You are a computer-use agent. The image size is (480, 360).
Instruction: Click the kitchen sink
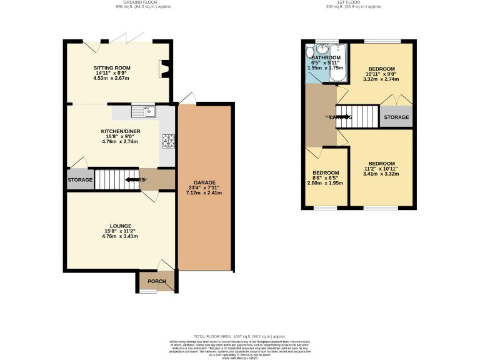pyautogui.click(x=142, y=112)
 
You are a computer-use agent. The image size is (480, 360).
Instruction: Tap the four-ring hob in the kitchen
pyautogui.click(x=167, y=142)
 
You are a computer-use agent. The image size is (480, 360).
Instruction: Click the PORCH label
pyautogui.click(x=156, y=281)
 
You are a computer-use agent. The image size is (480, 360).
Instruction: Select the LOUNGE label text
pyautogui.click(x=120, y=226)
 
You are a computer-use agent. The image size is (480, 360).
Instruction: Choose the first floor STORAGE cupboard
pyautogui.click(x=396, y=117)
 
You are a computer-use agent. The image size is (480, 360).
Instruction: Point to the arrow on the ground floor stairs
pyautogui.click(x=133, y=180)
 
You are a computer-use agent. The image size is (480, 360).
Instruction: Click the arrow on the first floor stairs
pyautogui.click(x=338, y=117)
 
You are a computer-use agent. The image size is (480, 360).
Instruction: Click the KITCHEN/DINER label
pyautogui.click(x=121, y=131)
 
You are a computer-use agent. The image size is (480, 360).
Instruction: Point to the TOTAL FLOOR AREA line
pyautogui.click(x=239, y=336)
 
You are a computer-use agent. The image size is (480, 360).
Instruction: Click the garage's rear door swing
pyautogui.click(x=186, y=97)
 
